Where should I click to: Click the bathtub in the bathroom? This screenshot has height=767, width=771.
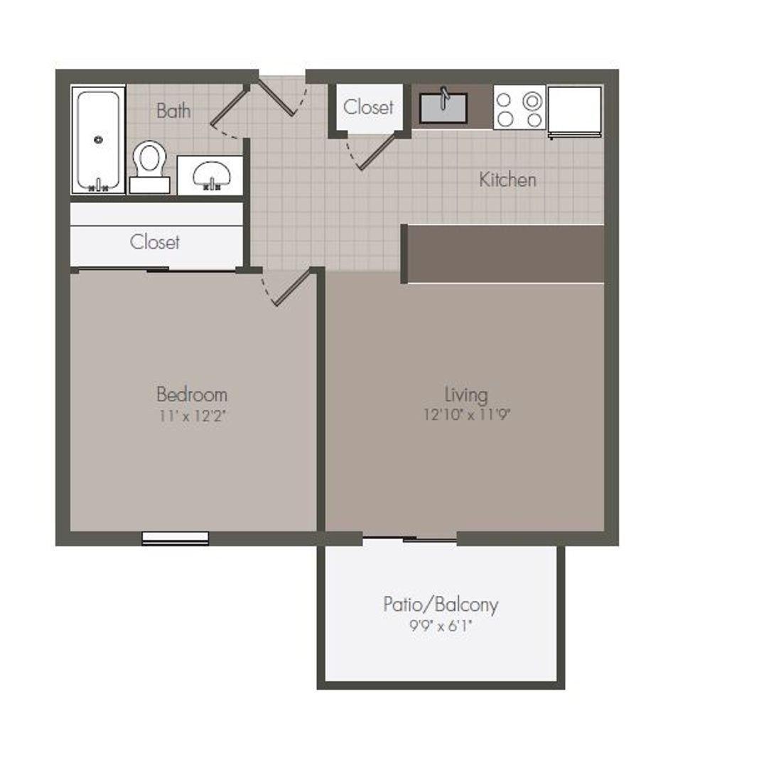pyautogui.click(x=98, y=141)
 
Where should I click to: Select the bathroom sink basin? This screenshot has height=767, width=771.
pyautogui.click(x=210, y=175)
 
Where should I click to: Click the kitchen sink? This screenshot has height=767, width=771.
pyautogui.click(x=443, y=109)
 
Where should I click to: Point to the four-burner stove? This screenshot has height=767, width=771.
pyautogui.click(x=519, y=108)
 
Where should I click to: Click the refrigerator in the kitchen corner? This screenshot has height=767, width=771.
pyautogui.click(x=574, y=109)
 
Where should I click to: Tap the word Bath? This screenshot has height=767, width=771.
pyautogui.click(x=173, y=111)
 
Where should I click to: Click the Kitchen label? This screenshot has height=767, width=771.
pyautogui.click(x=507, y=180)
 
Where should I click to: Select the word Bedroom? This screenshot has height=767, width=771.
pyautogui.click(x=191, y=393)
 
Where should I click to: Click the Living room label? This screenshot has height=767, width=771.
pyautogui.click(x=466, y=393)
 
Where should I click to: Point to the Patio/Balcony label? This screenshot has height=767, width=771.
pyautogui.click(x=441, y=605)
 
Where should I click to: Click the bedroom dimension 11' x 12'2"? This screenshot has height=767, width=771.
pyautogui.click(x=192, y=416)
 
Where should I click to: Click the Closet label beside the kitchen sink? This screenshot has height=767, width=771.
pyautogui.click(x=368, y=107)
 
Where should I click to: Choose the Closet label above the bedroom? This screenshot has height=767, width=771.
pyautogui.click(x=155, y=242)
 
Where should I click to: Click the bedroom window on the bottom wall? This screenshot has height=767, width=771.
pyautogui.click(x=175, y=538)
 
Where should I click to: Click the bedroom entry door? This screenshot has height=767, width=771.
pyautogui.click(x=293, y=287)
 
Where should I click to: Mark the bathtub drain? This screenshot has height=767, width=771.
pyautogui.click(x=98, y=140)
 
